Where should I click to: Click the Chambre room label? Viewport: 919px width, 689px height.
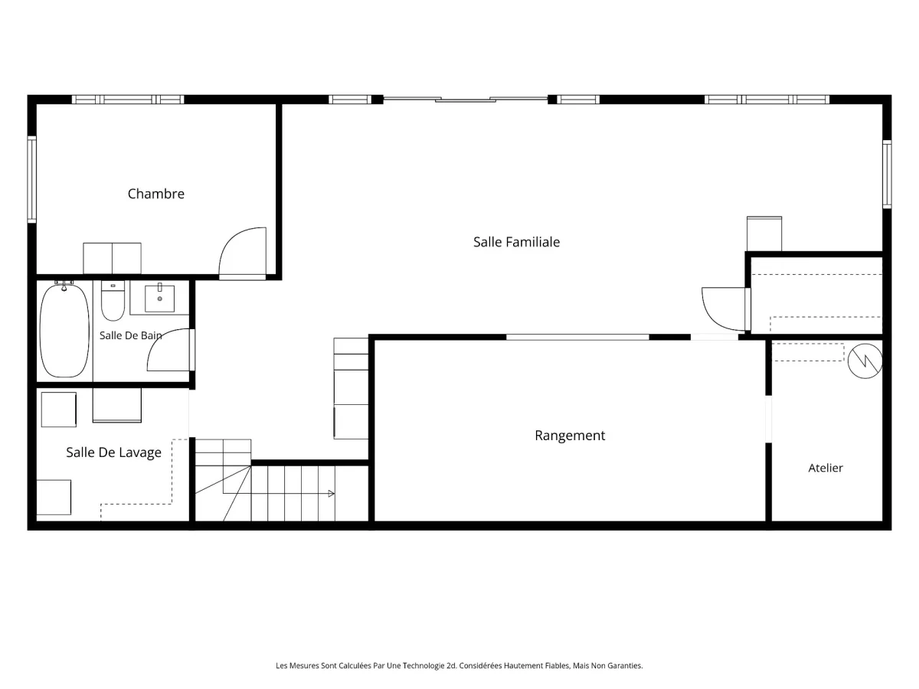(155, 194)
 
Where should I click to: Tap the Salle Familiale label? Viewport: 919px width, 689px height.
(516, 242)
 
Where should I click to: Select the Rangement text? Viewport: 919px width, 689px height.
(570, 436)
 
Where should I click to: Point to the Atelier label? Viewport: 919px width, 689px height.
(826, 468)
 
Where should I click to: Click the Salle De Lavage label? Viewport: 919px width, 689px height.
(113, 452)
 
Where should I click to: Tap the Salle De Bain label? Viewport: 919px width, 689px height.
(131, 335)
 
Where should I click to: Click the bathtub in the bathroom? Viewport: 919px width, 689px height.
(64, 330)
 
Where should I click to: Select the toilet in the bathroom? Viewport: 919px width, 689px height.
(113, 300)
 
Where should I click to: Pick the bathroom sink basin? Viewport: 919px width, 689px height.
(159, 299)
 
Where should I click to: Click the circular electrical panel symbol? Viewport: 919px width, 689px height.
(865, 361)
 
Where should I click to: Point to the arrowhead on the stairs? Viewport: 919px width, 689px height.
(331, 494)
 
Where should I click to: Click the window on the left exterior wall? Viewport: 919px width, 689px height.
(32, 179)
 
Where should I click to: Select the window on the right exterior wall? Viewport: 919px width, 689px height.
(887, 174)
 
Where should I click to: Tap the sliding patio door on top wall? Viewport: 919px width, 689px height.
(466, 100)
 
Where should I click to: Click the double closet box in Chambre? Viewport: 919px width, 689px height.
(113, 258)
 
